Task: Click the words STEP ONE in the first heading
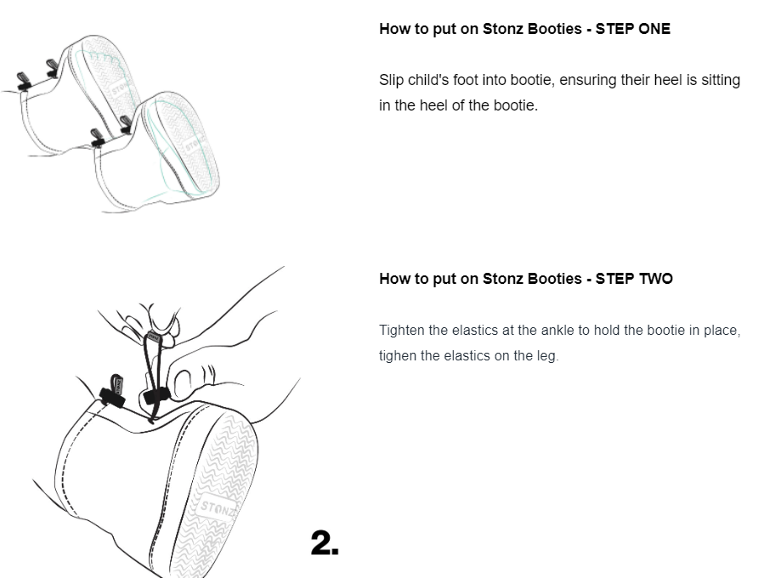point(633,29)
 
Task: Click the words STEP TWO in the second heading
point(634,279)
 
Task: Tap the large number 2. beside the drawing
point(325,543)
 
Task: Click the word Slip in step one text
point(391,80)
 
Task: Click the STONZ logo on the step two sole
point(217,507)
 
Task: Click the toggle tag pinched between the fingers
point(153,337)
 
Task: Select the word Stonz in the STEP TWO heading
point(503,279)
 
